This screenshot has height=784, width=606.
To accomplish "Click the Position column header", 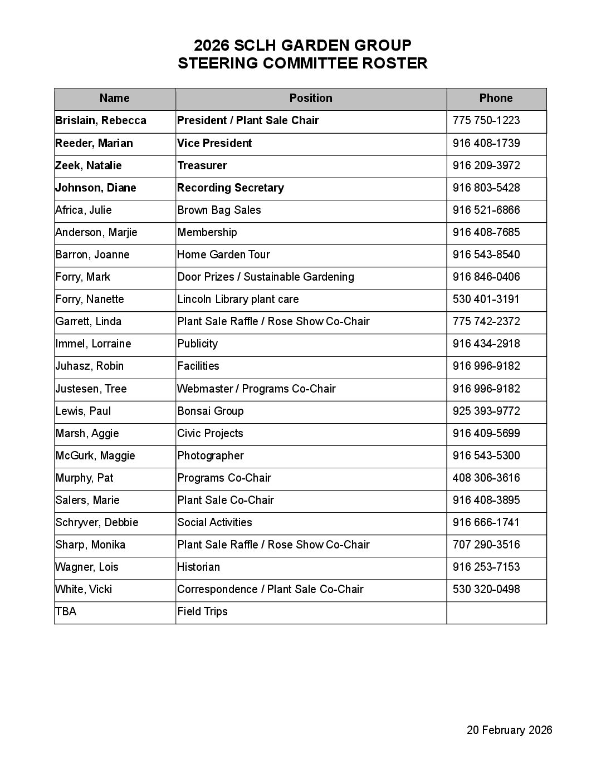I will [x=311, y=99].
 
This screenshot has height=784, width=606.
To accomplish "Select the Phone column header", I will [x=496, y=99].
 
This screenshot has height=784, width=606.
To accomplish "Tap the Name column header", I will [x=114, y=99].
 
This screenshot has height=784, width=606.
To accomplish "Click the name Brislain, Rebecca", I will [x=101, y=121].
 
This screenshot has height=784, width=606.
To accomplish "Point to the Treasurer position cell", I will [x=202, y=165].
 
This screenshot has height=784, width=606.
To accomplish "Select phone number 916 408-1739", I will [x=486, y=143].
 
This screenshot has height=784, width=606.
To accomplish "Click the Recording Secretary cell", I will [x=231, y=188].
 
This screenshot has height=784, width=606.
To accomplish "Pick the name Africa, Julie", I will [x=84, y=210].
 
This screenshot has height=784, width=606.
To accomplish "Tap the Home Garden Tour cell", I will [x=223, y=254].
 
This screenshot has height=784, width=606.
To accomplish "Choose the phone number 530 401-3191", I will [x=486, y=299].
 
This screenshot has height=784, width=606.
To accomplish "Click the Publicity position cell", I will [x=198, y=344].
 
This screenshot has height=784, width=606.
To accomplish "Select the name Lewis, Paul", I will [x=84, y=411].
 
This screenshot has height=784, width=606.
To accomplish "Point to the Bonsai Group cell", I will [x=211, y=411].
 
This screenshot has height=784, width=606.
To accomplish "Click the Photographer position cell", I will [x=211, y=455].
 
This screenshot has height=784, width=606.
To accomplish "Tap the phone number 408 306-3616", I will [x=486, y=478].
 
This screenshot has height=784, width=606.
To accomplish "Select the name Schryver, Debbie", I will [x=97, y=522].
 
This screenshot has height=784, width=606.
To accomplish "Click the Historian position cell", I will [x=199, y=567].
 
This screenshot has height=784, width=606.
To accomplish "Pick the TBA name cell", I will [x=66, y=611].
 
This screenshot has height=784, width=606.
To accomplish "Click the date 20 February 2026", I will [x=509, y=730].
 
